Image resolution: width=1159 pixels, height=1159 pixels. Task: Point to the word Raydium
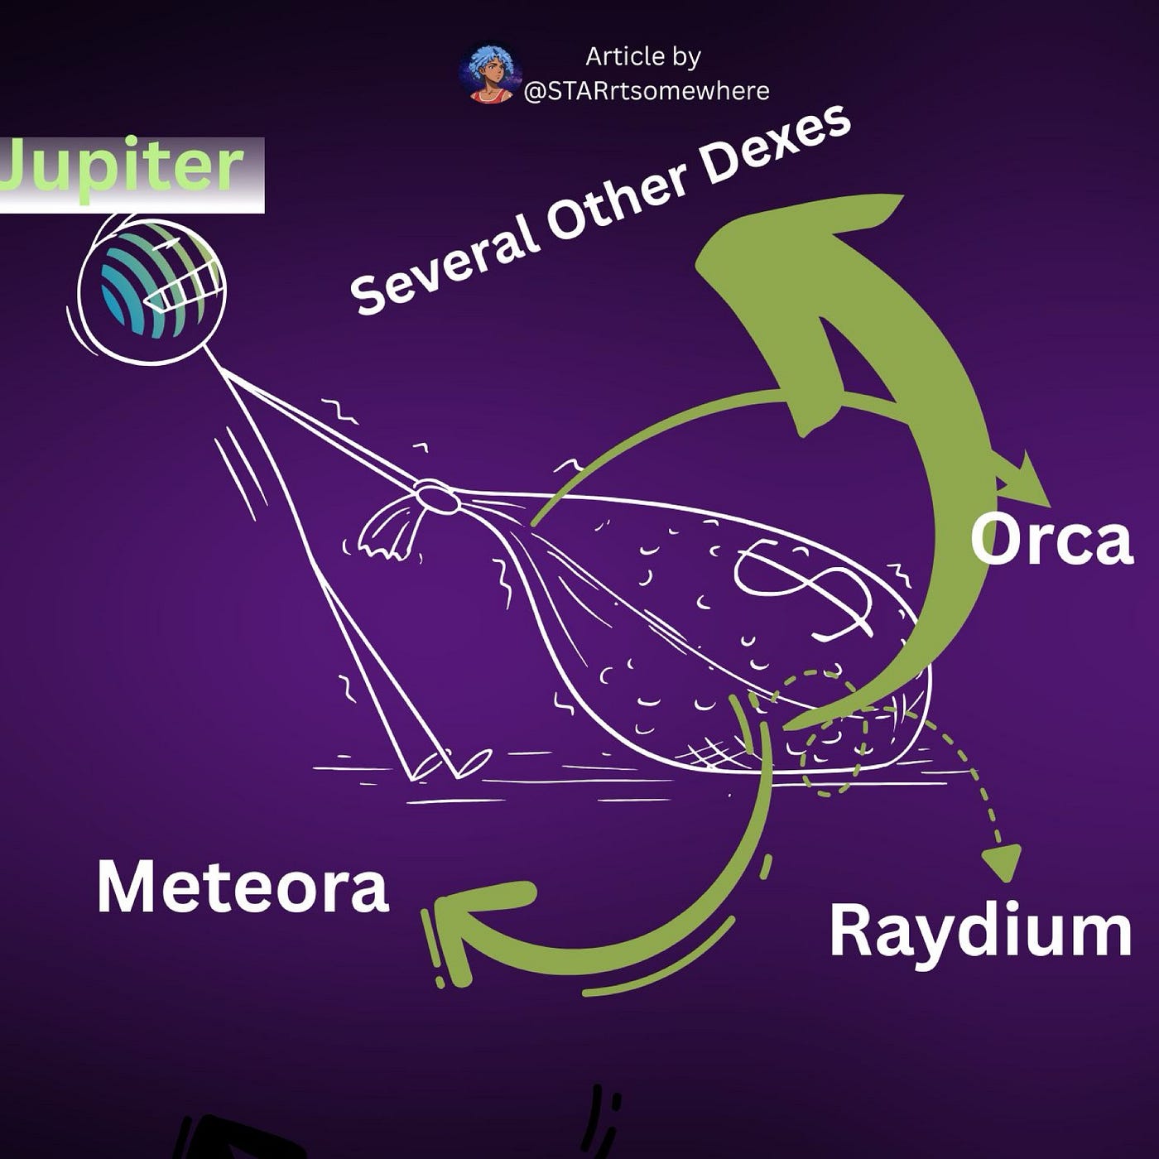coord(980,931)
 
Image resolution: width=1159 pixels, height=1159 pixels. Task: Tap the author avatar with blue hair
coord(488,75)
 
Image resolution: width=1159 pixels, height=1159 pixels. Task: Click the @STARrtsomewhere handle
coord(647,90)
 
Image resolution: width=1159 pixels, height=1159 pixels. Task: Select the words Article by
coord(643,56)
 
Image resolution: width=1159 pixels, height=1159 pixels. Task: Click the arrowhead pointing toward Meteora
coord(464,919)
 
